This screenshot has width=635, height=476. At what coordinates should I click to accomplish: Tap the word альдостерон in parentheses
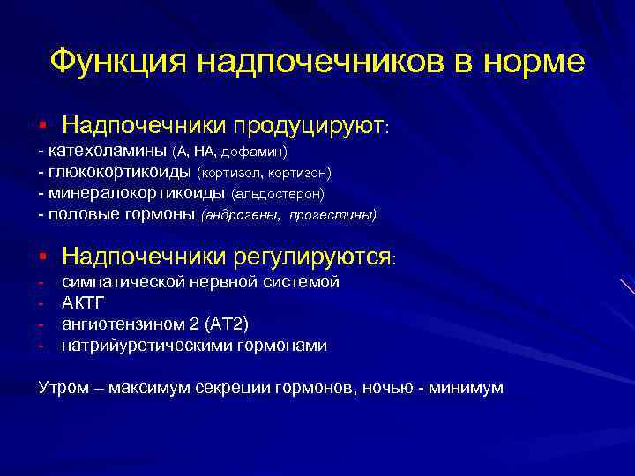point(278,193)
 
